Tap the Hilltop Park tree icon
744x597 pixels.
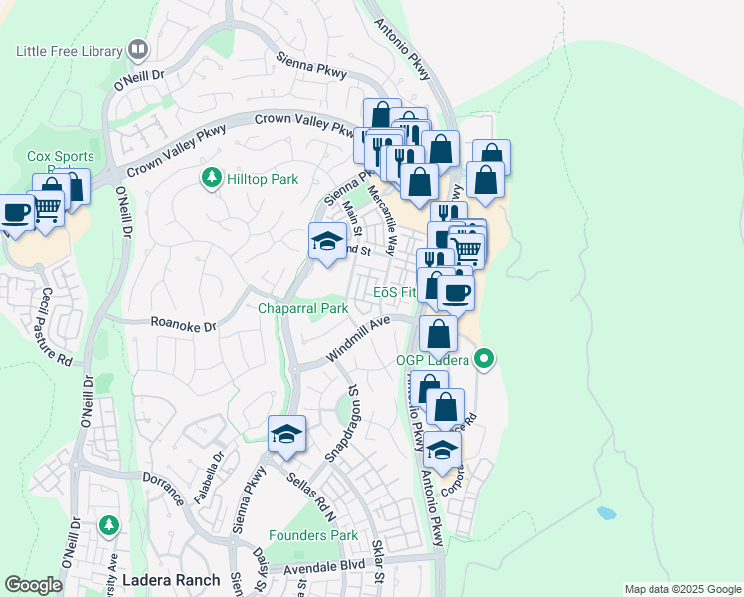[x=210, y=178]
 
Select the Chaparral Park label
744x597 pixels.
[x=303, y=309]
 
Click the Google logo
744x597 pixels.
[x=34, y=585]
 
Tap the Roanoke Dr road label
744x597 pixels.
[x=183, y=323]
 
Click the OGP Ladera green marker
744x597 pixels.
[x=484, y=358]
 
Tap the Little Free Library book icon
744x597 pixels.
[x=138, y=48]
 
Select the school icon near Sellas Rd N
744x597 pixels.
[x=286, y=434]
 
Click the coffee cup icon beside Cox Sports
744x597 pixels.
[x=16, y=212]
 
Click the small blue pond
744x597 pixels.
[x=606, y=514]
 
